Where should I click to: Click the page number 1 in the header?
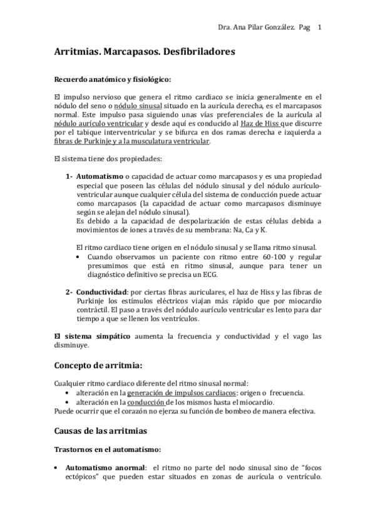pos(320,27)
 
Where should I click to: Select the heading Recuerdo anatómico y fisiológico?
pos(111,79)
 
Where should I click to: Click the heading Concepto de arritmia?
pos(98,364)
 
